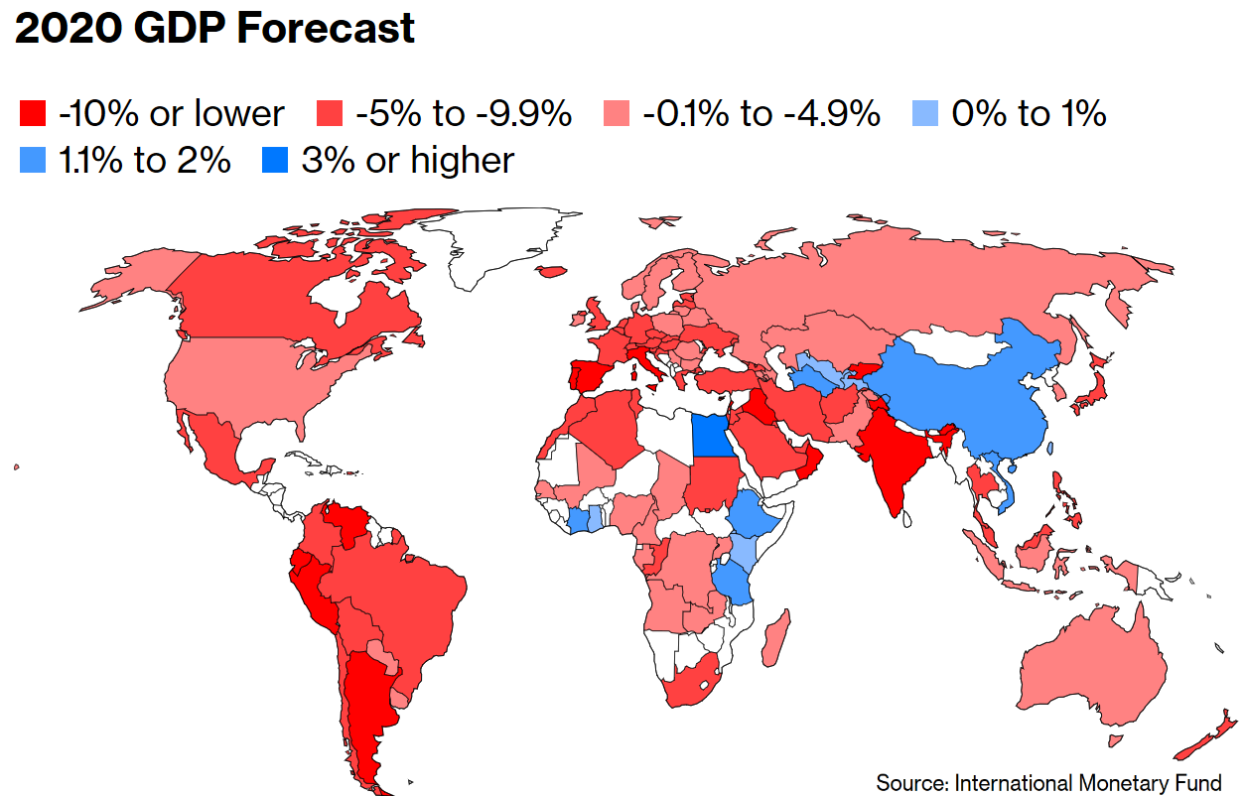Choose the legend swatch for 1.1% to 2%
tap(33, 161)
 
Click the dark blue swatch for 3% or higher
tap(274, 161)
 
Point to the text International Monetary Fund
tap(1087, 782)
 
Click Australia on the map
tap(1092, 665)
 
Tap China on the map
tap(973, 397)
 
